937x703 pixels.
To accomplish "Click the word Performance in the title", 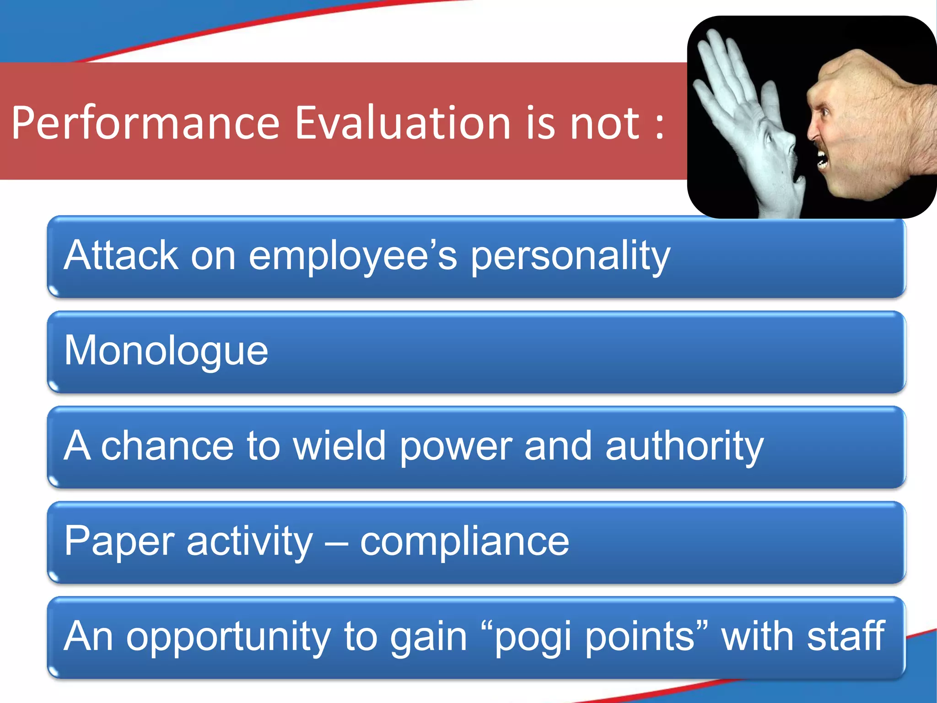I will [145, 124].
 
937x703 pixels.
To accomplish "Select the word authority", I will [684, 447].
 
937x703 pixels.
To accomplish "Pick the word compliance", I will [464, 542].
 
